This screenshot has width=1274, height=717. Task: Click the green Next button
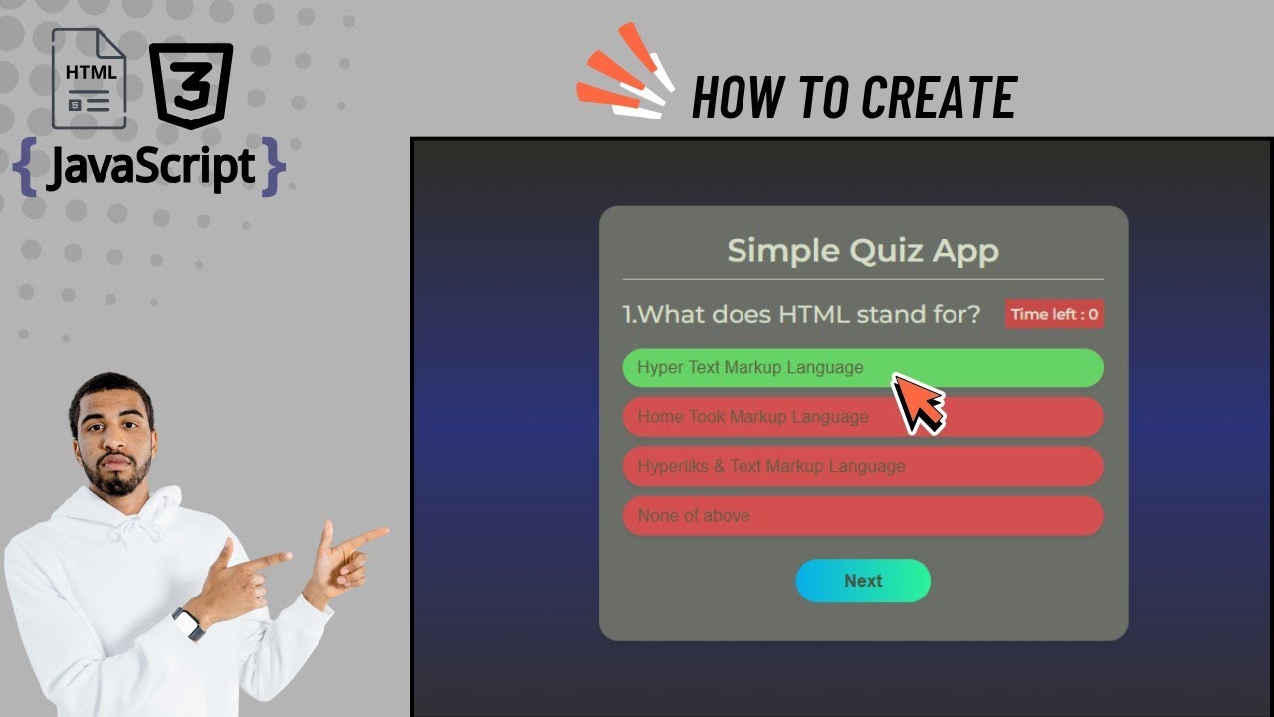[x=863, y=581]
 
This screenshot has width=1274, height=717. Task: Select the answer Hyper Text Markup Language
[x=750, y=367]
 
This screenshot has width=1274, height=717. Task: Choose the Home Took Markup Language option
[x=752, y=417]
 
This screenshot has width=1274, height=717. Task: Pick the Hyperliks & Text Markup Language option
[x=770, y=466]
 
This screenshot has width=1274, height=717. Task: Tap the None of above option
[x=694, y=516]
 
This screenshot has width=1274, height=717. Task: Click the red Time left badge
[x=1054, y=314]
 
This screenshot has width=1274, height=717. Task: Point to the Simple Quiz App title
[x=863, y=250]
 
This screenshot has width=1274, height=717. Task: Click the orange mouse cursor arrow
[x=916, y=402]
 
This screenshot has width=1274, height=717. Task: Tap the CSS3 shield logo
[x=191, y=86]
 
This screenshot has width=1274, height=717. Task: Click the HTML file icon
[x=90, y=79]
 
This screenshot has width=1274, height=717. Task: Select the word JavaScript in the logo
[x=149, y=166]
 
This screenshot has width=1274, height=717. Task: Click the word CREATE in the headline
[x=939, y=98]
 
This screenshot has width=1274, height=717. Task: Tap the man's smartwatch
[x=188, y=624]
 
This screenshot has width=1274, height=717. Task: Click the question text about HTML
[x=801, y=314]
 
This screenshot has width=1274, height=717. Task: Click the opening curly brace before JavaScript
[x=28, y=167]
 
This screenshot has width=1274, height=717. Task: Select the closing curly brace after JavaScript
[x=272, y=167]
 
